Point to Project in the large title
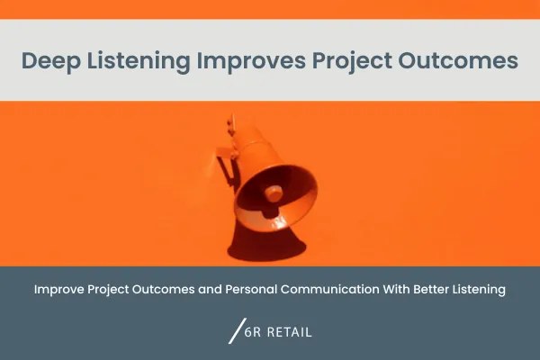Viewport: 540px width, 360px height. click(x=351, y=61)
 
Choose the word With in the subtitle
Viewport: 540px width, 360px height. click(x=409, y=290)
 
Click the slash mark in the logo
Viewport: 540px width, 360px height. click(x=238, y=331)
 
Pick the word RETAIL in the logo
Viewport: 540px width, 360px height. click(x=292, y=332)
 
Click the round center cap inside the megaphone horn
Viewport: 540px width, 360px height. click(x=273, y=193)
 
